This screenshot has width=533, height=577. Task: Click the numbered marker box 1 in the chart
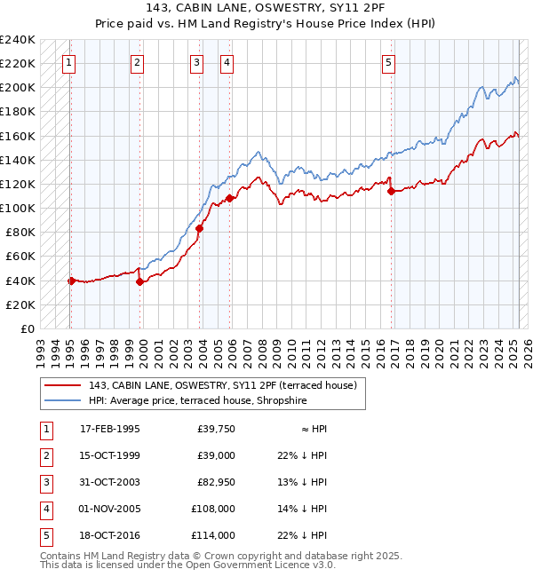point(69,62)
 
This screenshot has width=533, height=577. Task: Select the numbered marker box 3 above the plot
point(196,62)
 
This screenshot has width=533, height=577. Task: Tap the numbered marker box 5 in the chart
point(389,62)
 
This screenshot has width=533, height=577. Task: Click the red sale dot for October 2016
point(391,191)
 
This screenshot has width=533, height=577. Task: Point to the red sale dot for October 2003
point(199,228)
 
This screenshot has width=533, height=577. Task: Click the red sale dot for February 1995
point(71,281)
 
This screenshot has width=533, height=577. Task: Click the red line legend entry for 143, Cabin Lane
point(222,385)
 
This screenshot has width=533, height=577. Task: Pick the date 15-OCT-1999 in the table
point(109,455)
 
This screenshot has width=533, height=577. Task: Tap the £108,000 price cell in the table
point(213,509)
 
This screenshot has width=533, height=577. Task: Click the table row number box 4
point(45,509)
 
